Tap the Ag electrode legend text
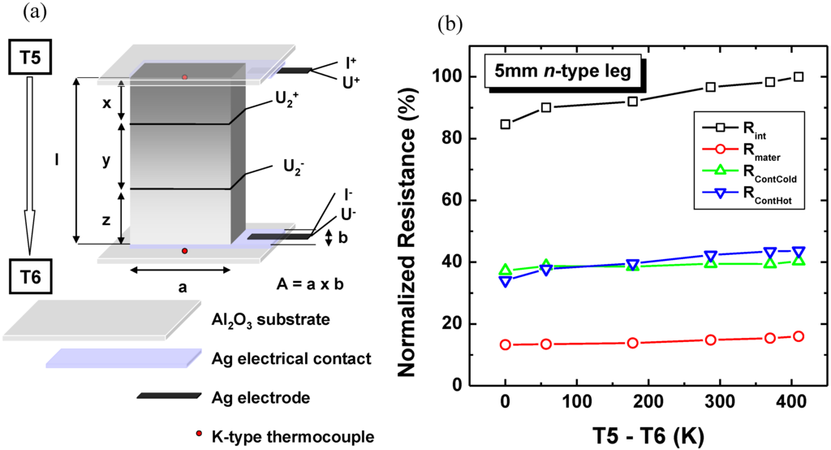(x=252, y=397)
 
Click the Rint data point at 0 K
(x=506, y=124)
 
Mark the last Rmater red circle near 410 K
(x=799, y=336)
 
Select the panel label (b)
(x=450, y=24)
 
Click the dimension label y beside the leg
(x=105, y=161)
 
